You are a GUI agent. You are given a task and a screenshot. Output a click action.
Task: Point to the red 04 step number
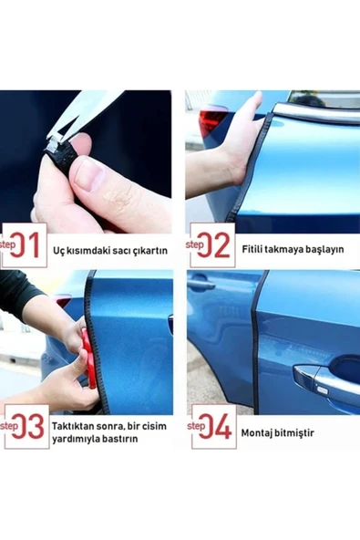(x=218, y=427)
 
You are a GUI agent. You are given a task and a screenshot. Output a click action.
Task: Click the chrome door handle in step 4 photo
(x=324, y=380)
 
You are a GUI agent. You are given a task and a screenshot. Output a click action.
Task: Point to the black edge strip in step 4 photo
(x=258, y=337)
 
